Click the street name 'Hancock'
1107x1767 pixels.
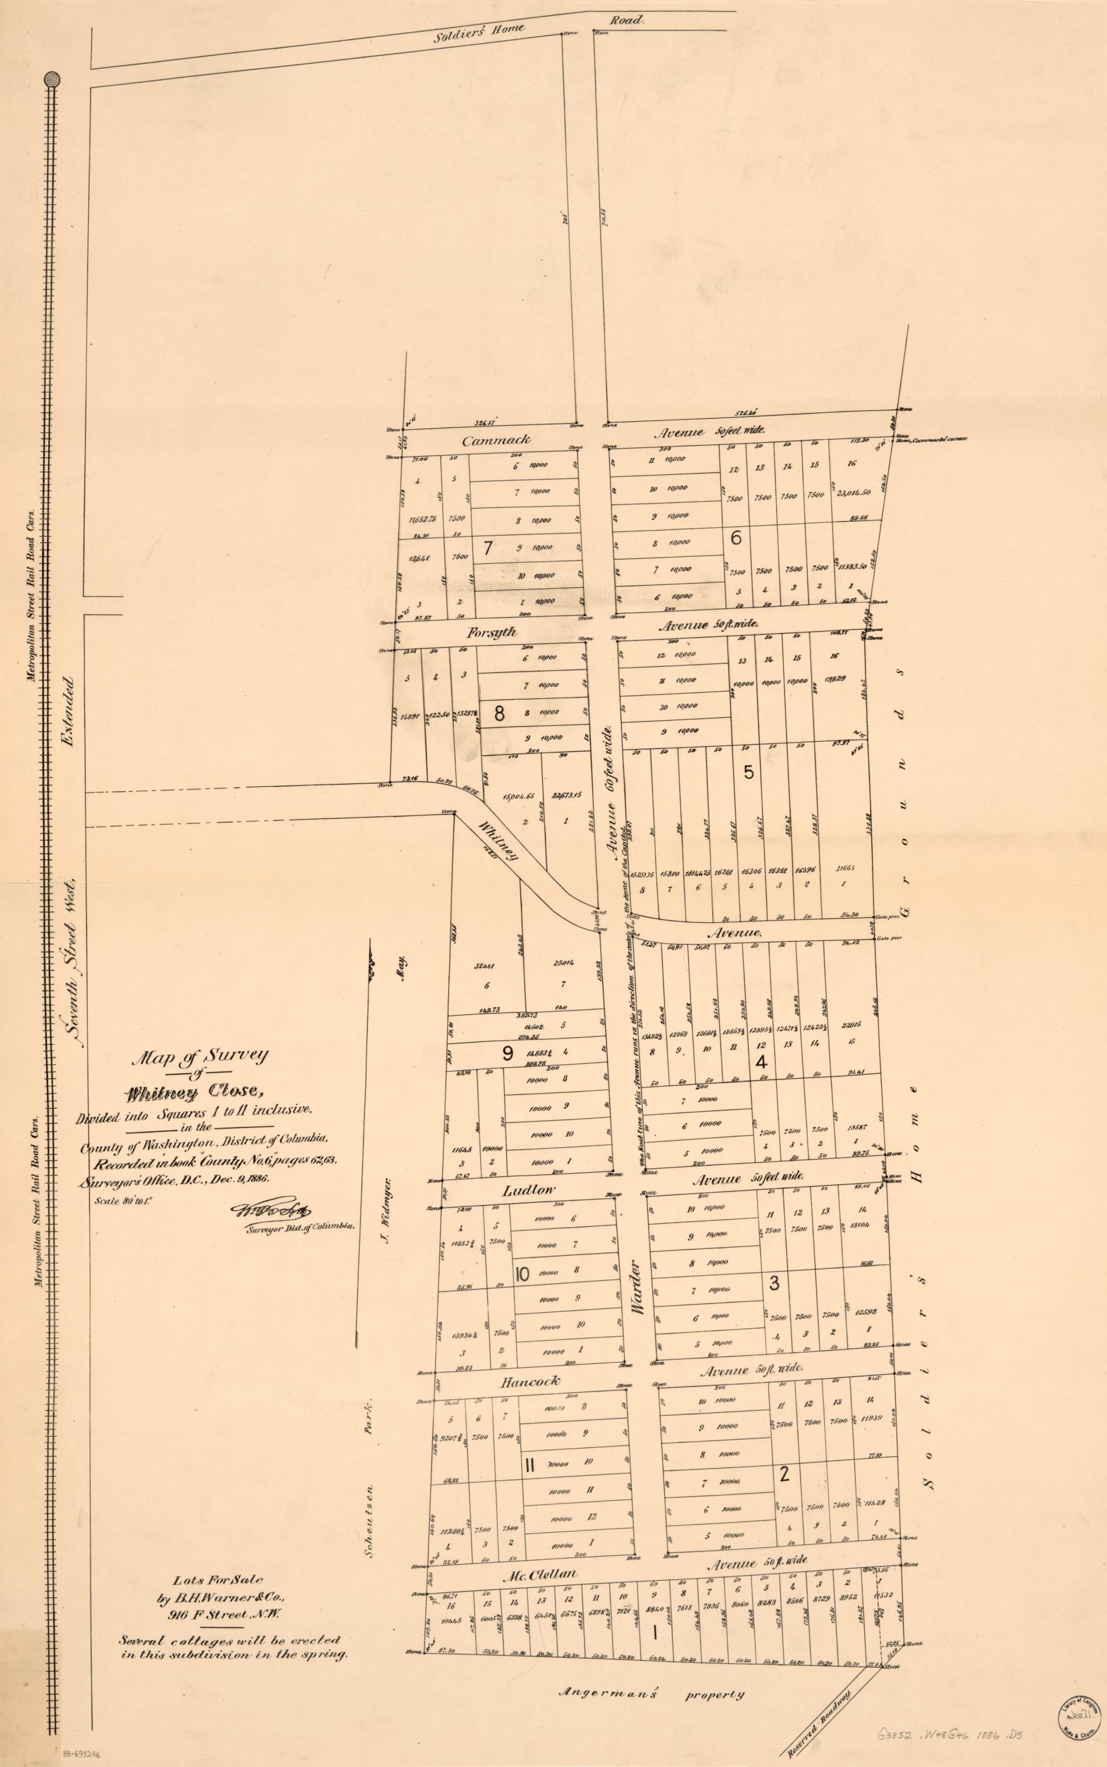pyautogui.click(x=531, y=1381)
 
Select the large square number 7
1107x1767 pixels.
pyautogui.click(x=488, y=546)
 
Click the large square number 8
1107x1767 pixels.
pyautogui.click(x=499, y=713)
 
